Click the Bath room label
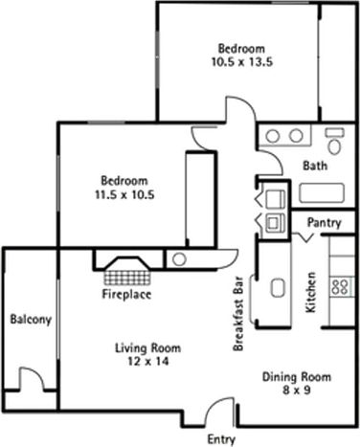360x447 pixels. click(x=315, y=166)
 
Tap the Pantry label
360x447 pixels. click(x=324, y=222)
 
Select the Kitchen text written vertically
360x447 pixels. click(x=310, y=294)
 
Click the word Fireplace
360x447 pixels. click(x=126, y=295)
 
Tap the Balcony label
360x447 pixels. click(x=30, y=319)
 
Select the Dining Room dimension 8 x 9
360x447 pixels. click(x=296, y=391)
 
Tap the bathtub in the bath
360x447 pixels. click(x=326, y=192)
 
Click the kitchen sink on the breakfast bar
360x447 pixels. click(x=280, y=290)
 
